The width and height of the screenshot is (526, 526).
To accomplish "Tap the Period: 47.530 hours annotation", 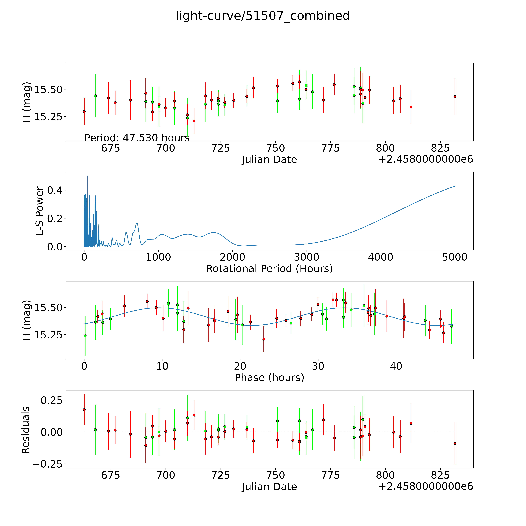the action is point(137,138).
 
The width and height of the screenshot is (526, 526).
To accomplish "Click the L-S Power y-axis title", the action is point(40,211).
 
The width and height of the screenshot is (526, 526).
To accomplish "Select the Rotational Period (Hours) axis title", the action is point(269,269).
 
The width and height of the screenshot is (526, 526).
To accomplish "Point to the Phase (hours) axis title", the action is point(269,378).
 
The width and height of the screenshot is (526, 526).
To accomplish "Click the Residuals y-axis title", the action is point(26,430).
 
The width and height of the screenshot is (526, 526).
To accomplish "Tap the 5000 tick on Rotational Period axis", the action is point(455,257).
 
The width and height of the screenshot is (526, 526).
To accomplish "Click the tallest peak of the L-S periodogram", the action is point(88,176).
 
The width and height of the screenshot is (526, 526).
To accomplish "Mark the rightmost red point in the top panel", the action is point(455,96).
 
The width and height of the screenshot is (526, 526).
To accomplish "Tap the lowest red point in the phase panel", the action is point(264,339).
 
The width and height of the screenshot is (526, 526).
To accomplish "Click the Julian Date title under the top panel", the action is point(269,160).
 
